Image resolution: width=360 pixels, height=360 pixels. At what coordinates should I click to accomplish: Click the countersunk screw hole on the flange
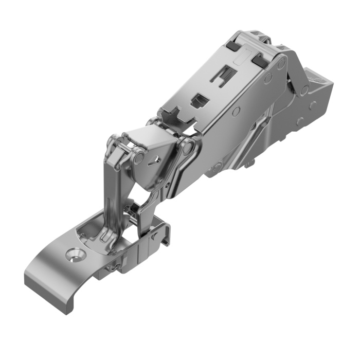point(76,254)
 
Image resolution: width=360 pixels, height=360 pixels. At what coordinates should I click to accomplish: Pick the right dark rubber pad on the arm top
point(260,61)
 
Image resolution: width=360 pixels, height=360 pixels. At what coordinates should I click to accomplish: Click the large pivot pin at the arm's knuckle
point(188,148)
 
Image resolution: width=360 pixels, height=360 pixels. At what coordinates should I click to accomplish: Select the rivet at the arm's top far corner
point(281,64)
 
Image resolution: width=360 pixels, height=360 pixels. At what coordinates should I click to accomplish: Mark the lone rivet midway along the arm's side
point(235,111)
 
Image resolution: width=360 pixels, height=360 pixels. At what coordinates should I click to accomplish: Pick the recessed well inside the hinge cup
point(95,234)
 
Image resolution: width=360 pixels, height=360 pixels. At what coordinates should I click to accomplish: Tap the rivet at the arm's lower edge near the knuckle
point(219,166)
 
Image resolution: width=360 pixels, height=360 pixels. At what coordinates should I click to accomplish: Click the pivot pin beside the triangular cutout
point(138,158)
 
